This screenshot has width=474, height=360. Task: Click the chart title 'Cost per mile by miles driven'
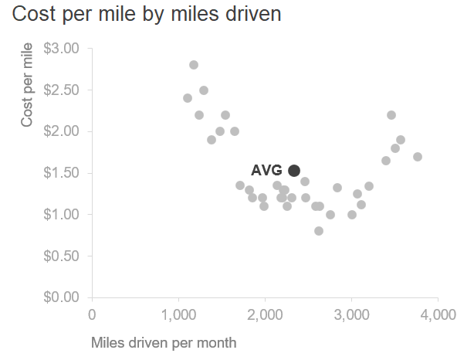pyautogui.click(x=147, y=15)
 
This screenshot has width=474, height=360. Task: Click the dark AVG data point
pyautogui.click(x=294, y=170)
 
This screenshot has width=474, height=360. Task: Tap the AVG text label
pyautogui.click(x=266, y=171)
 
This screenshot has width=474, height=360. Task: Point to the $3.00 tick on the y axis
pyautogui.click(x=61, y=49)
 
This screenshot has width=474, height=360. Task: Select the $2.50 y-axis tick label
pyautogui.click(x=61, y=90)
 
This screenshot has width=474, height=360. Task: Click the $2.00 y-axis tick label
pyautogui.click(x=61, y=131)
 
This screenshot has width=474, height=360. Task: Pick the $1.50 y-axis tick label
pyautogui.click(x=61, y=173)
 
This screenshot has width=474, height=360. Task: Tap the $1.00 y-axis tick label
pyautogui.click(x=61, y=214)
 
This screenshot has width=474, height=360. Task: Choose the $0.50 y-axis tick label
pyautogui.click(x=61, y=256)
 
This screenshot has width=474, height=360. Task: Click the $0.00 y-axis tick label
pyautogui.click(x=61, y=297)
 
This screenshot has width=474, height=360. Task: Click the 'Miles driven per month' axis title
pyautogui.click(x=164, y=341)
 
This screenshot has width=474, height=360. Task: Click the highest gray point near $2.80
pyautogui.click(x=194, y=65)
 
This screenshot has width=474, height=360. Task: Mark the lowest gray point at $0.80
pyautogui.click(x=319, y=231)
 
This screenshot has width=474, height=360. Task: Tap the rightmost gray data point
pyautogui.click(x=418, y=157)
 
